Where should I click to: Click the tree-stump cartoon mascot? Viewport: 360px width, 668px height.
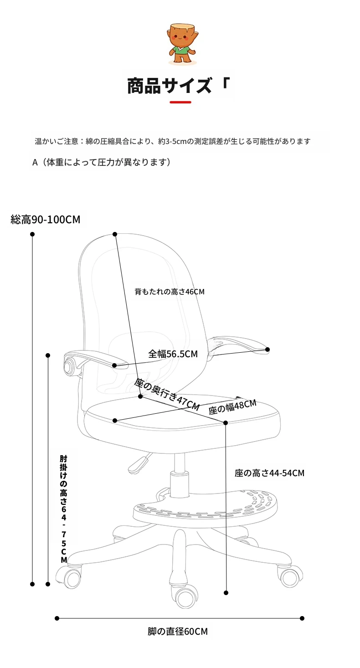click(x=182, y=44)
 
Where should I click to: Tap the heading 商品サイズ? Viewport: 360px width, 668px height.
click(x=170, y=86)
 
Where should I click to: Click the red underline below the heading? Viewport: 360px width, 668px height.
click(x=180, y=102)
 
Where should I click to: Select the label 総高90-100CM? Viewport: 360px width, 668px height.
click(x=45, y=220)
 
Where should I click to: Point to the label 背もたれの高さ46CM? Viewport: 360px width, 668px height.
click(x=170, y=292)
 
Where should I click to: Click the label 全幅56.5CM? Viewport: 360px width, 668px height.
click(x=173, y=354)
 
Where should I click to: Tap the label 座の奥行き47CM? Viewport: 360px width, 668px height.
click(x=166, y=394)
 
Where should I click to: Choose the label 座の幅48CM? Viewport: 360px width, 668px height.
click(x=232, y=407)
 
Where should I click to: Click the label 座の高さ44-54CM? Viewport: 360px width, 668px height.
click(x=269, y=473)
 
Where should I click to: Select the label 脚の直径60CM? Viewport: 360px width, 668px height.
click(x=177, y=632)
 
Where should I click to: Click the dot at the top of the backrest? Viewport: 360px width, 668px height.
click(x=115, y=234)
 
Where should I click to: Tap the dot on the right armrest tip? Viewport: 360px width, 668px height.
click(x=267, y=349)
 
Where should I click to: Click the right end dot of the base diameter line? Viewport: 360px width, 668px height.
click(x=302, y=618)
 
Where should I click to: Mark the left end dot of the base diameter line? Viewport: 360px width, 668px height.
click(x=57, y=618)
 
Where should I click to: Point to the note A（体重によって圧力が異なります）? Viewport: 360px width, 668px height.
click(x=102, y=162)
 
